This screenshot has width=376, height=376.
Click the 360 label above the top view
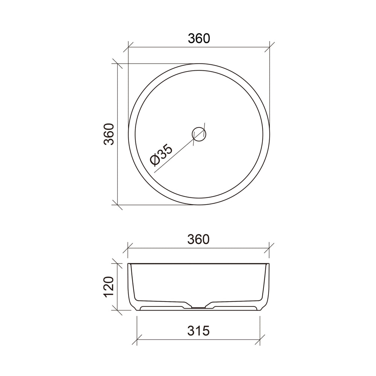[x=199, y=38]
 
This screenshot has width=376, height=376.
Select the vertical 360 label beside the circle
[x=109, y=134]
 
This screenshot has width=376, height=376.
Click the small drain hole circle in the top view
[x=199, y=134]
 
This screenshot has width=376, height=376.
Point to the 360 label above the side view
[x=199, y=239]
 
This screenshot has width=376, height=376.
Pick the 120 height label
[x=109, y=287]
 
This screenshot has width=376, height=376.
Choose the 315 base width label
[x=199, y=331]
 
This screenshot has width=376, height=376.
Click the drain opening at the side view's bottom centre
[x=199, y=307]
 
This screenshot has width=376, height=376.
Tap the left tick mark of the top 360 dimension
[x=128, y=47]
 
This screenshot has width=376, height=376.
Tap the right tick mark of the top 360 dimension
[x=270, y=47]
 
